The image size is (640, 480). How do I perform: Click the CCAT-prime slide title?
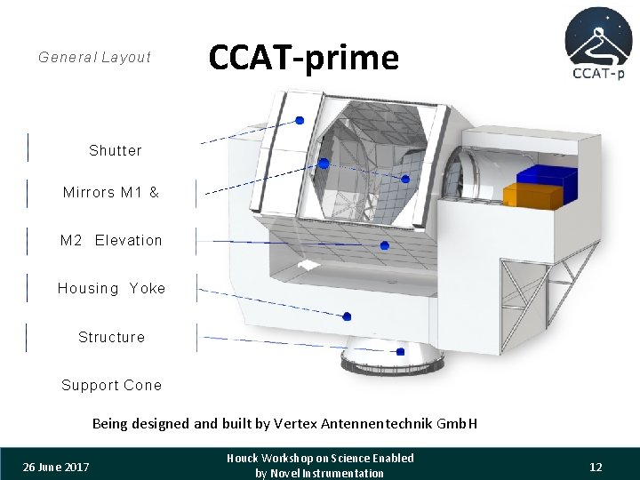click(x=303, y=58)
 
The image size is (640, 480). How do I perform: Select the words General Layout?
click(x=95, y=58)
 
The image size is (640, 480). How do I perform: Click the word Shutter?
click(x=116, y=151)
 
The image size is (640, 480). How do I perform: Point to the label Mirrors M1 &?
click(x=111, y=192)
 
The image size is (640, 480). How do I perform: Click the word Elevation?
click(x=129, y=241)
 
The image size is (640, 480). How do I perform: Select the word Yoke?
click(x=148, y=289)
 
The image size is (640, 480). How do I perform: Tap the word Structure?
click(x=111, y=338)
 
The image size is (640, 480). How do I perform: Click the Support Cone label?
click(x=111, y=386)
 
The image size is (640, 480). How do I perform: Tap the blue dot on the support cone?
click(x=400, y=351)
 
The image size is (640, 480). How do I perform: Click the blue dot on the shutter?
click(x=300, y=120)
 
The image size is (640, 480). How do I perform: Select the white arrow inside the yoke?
click(x=308, y=265)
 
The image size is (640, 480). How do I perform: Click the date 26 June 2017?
click(x=56, y=468)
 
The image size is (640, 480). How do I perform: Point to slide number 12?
click(x=596, y=468)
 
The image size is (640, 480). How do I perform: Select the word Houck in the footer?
click(x=244, y=459)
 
